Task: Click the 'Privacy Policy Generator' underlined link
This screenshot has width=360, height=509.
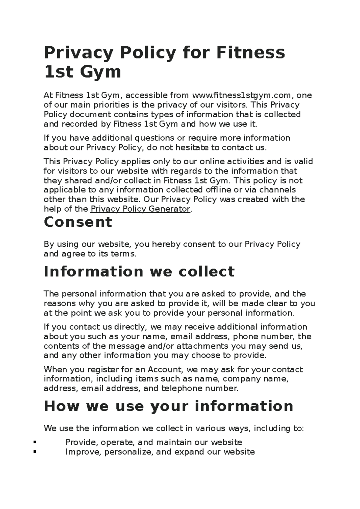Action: click(x=140, y=209)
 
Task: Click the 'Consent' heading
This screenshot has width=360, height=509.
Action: click(x=78, y=222)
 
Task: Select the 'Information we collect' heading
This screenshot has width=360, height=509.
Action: click(x=139, y=272)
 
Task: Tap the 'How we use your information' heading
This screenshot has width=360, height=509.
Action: click(x=168, y=406)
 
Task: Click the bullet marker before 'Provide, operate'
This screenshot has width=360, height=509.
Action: click(x=35, y=442)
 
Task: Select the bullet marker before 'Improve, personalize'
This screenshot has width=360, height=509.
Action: click(x=35, y=452)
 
